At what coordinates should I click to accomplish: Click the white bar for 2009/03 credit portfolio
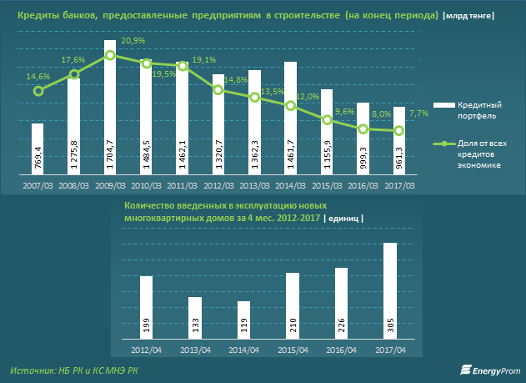pyautogui.click(x=109, y=108)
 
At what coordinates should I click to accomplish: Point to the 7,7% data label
pyautogui.click(x=418, y=113)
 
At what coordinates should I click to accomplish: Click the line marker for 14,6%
pyautogui.click(x=38, y=91)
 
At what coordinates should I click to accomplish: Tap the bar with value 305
pyautogui.click(x=389, y=290)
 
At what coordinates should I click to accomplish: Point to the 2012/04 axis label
pyautogui.click(x=146, y=350)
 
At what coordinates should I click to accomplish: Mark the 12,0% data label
pyautogui.click(x=308, y=97)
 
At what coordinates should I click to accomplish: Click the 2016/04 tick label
pyautogui.click(x=341, y=350)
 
